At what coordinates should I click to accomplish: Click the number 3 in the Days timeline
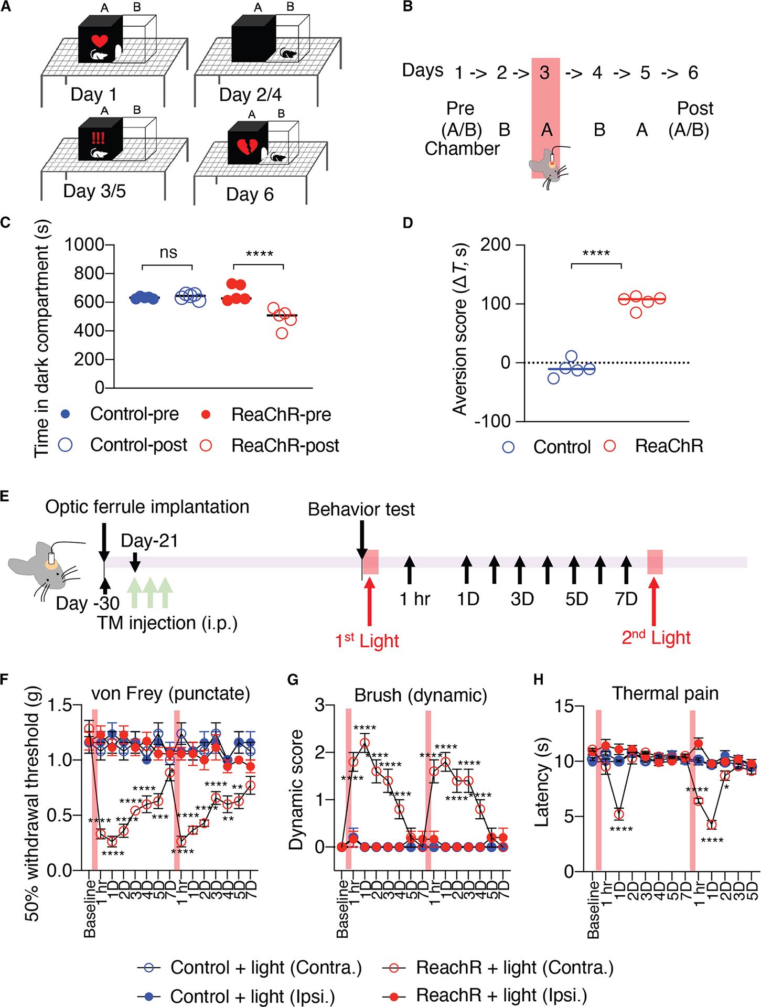[545, 73]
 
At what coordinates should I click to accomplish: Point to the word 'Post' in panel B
[695, 109]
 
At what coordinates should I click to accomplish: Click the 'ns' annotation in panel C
[168, 253]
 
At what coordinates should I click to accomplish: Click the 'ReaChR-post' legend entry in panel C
[285, 445]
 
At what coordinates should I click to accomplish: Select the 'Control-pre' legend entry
[134, 414]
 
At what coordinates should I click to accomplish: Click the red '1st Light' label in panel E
[367, 640]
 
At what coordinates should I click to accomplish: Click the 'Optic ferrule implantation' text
[147, 507]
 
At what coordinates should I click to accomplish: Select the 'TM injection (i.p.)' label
[167, 623]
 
